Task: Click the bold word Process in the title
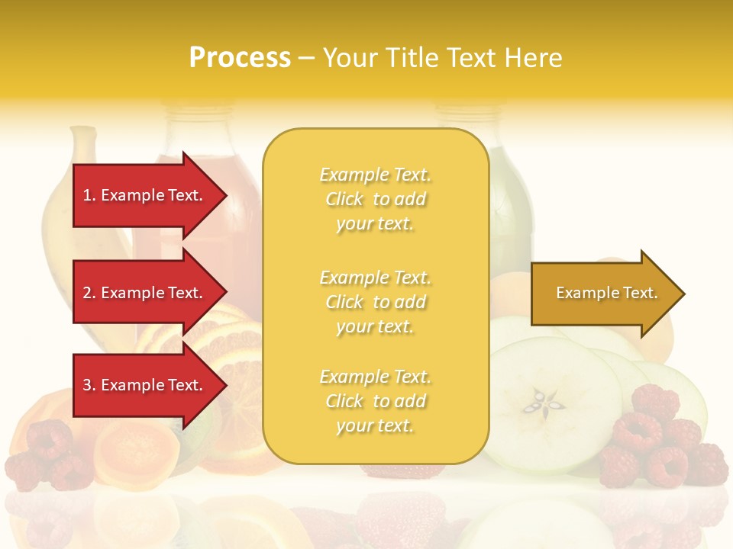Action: click(240, 58)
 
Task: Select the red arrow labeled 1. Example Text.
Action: click(145, 195)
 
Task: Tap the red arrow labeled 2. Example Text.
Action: click(145, 293)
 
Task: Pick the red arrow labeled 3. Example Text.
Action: click(145, 385)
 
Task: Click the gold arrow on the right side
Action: click(603, 294)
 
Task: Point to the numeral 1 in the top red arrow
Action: click(87, 195)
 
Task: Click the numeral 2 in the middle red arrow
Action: click(87, 293)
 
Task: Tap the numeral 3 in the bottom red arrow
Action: click(87, 385)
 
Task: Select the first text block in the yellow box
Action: click(375, 199)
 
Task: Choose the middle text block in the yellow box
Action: click(375, 302)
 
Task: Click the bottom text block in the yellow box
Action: click(375, 401)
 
